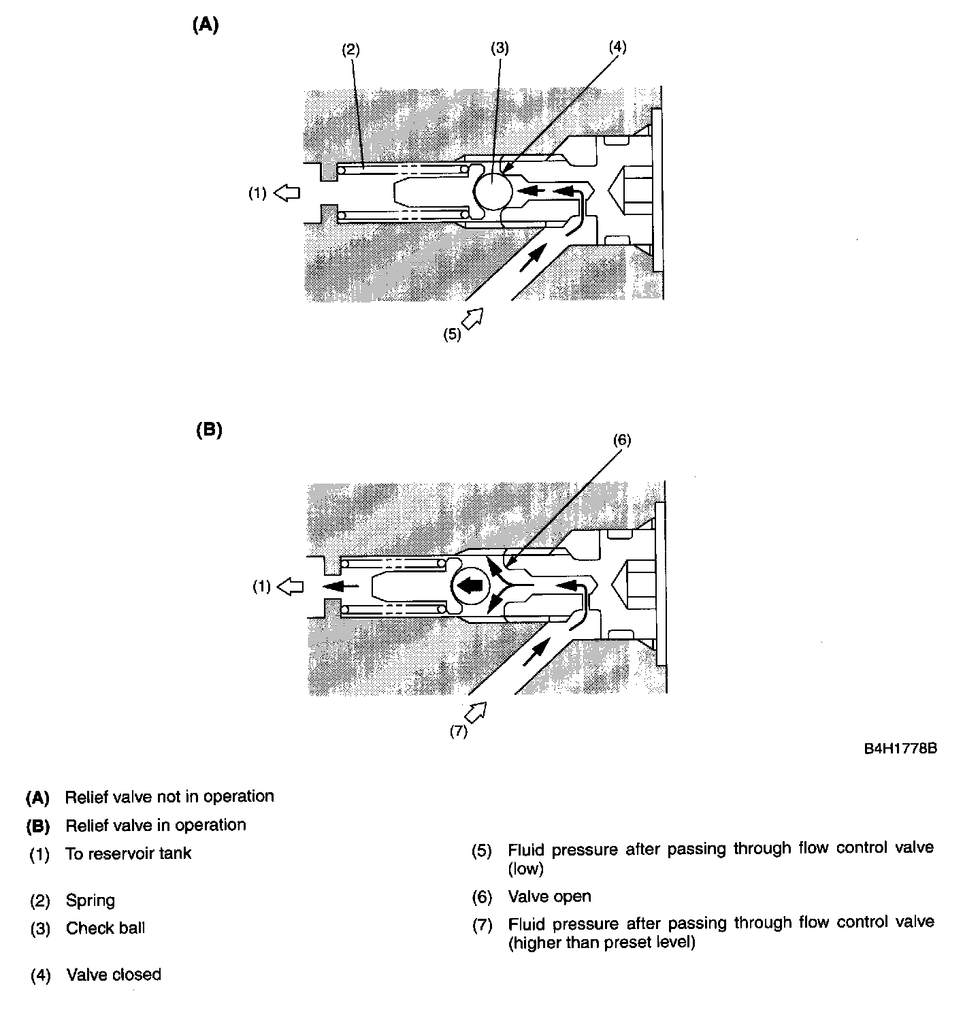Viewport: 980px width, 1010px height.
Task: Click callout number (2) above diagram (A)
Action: [x=350, y=49]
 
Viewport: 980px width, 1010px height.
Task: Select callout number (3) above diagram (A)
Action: [x=500, y=48]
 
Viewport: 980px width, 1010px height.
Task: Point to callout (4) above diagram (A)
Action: [x=617, y=46]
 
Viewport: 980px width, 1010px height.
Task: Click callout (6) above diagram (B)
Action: [x=621, y=440]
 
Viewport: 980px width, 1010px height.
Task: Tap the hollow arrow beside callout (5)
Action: [x=472, y=317]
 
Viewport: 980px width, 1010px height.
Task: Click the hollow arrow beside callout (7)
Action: [x=476, y=712]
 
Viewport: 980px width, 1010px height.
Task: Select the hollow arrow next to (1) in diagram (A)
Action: [x=287, y=193]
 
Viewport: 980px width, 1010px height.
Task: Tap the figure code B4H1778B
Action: [x=901, y=749]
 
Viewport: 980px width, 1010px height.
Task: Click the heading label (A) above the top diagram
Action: [x=206, y=25]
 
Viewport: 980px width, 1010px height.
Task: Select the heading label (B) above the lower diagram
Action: [x=209, y=430]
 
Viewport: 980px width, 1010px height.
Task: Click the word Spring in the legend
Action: [x=91, y=900]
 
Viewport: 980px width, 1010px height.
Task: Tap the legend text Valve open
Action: [x=550, y=896]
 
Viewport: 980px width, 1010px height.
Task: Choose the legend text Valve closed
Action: [x=114, y=975]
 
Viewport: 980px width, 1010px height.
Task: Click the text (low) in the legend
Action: [x=526, y=868]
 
